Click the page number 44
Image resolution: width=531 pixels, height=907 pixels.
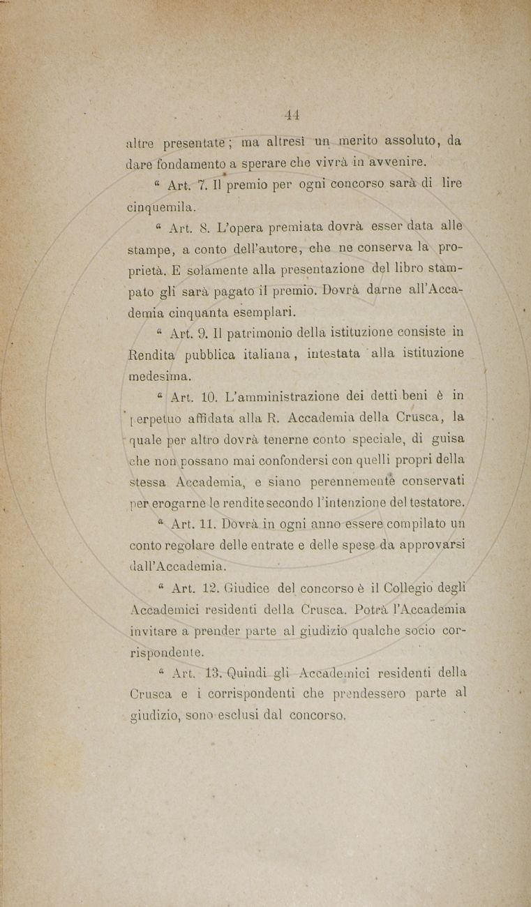292,114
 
